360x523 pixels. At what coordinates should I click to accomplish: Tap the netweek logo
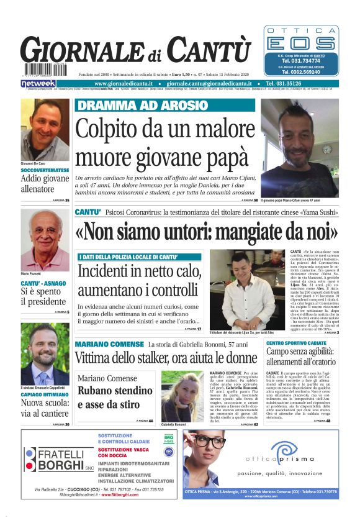(x=38, y=83)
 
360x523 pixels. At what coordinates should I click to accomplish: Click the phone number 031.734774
(x=301, y=61)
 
